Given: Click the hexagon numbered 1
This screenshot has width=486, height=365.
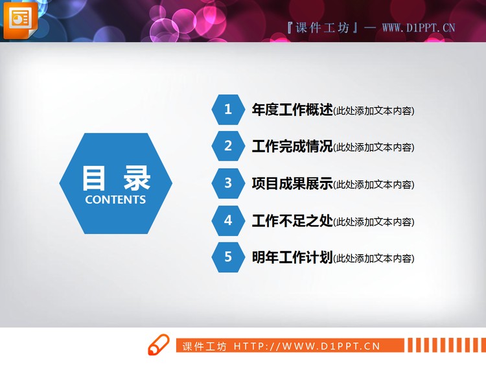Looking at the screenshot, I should tap(227, 110).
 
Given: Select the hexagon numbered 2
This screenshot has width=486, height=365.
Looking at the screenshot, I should tap(227, 147).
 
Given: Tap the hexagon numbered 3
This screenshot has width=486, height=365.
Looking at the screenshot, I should tap(227, 183).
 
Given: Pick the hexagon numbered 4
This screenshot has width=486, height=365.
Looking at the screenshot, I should tap(227, 220).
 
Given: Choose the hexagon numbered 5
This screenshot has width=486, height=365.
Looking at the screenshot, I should tap(227, 257).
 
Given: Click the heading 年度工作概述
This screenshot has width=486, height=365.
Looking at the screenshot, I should tap(292, 110).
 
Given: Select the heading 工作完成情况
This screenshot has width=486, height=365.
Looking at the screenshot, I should tap(292, 147).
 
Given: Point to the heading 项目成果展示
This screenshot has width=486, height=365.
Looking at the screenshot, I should tap(292, 183).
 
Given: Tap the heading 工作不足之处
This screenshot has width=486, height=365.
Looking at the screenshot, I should tap(292, 220).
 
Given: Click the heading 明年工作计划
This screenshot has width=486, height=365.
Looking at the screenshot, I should tap(292, 257).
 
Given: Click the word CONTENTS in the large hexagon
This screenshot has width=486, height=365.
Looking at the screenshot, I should tap(115, 200).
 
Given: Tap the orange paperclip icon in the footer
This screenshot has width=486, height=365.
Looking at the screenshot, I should tap(158, 346).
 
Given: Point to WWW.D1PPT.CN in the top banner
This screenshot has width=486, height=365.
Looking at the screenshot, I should tap(418, 28).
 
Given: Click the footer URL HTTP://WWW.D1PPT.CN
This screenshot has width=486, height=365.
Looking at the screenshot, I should tap(307, 346).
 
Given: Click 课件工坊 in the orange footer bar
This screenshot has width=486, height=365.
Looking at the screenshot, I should tap(205, 346).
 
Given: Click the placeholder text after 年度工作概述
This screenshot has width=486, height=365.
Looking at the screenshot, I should tap(374, 111).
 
